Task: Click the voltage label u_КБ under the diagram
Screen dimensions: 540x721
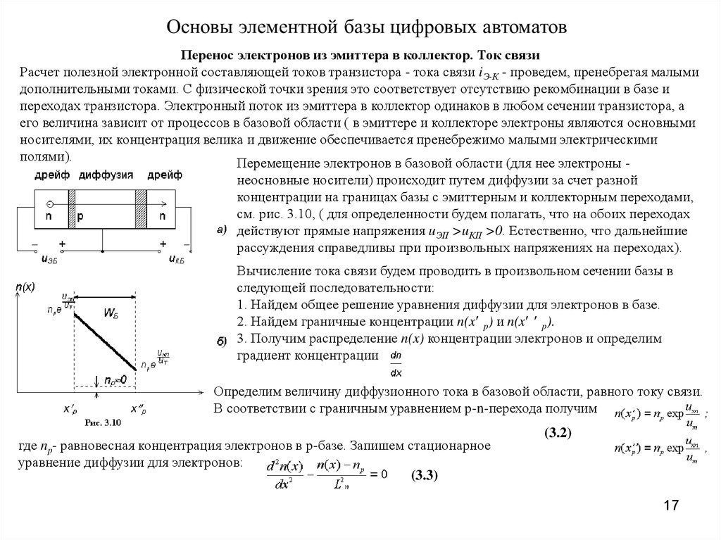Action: point(177,260)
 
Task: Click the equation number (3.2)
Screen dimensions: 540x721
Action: point(556,434)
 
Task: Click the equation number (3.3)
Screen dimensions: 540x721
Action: point(425,475)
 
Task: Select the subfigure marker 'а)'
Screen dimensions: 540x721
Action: point(221,230)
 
